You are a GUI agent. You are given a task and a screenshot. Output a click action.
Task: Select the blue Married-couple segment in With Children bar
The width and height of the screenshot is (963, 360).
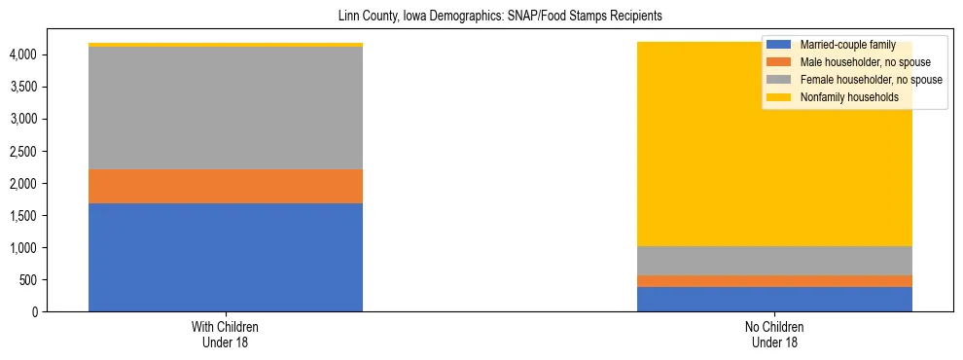coord(226,257)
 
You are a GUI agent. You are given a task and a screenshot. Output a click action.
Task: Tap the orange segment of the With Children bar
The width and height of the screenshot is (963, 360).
coord(226,186)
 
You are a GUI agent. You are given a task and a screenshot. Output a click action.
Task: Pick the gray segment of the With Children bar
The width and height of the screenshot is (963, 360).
coord(226,108)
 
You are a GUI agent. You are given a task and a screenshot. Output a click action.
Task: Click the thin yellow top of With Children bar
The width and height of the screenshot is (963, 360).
coord(226,45)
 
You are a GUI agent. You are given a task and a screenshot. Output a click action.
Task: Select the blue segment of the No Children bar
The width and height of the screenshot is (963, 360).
coord(774,299)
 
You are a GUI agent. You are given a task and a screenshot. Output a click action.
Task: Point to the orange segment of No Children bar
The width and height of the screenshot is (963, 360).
coord(774,281)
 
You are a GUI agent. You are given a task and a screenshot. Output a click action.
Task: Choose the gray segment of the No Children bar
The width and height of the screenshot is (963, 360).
coord(774,261)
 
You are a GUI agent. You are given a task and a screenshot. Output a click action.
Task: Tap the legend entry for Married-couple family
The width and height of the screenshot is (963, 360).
coord(840,45)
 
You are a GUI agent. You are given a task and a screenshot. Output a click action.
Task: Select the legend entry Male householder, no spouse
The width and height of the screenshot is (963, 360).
coord(854,62)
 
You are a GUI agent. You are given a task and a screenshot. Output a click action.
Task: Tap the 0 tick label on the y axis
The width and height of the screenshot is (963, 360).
coord(34,312)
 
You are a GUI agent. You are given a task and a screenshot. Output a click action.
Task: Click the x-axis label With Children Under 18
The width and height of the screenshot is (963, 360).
coord(226,335)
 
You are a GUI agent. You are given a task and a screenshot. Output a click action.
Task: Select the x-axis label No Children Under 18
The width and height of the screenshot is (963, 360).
coord(774,335)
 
